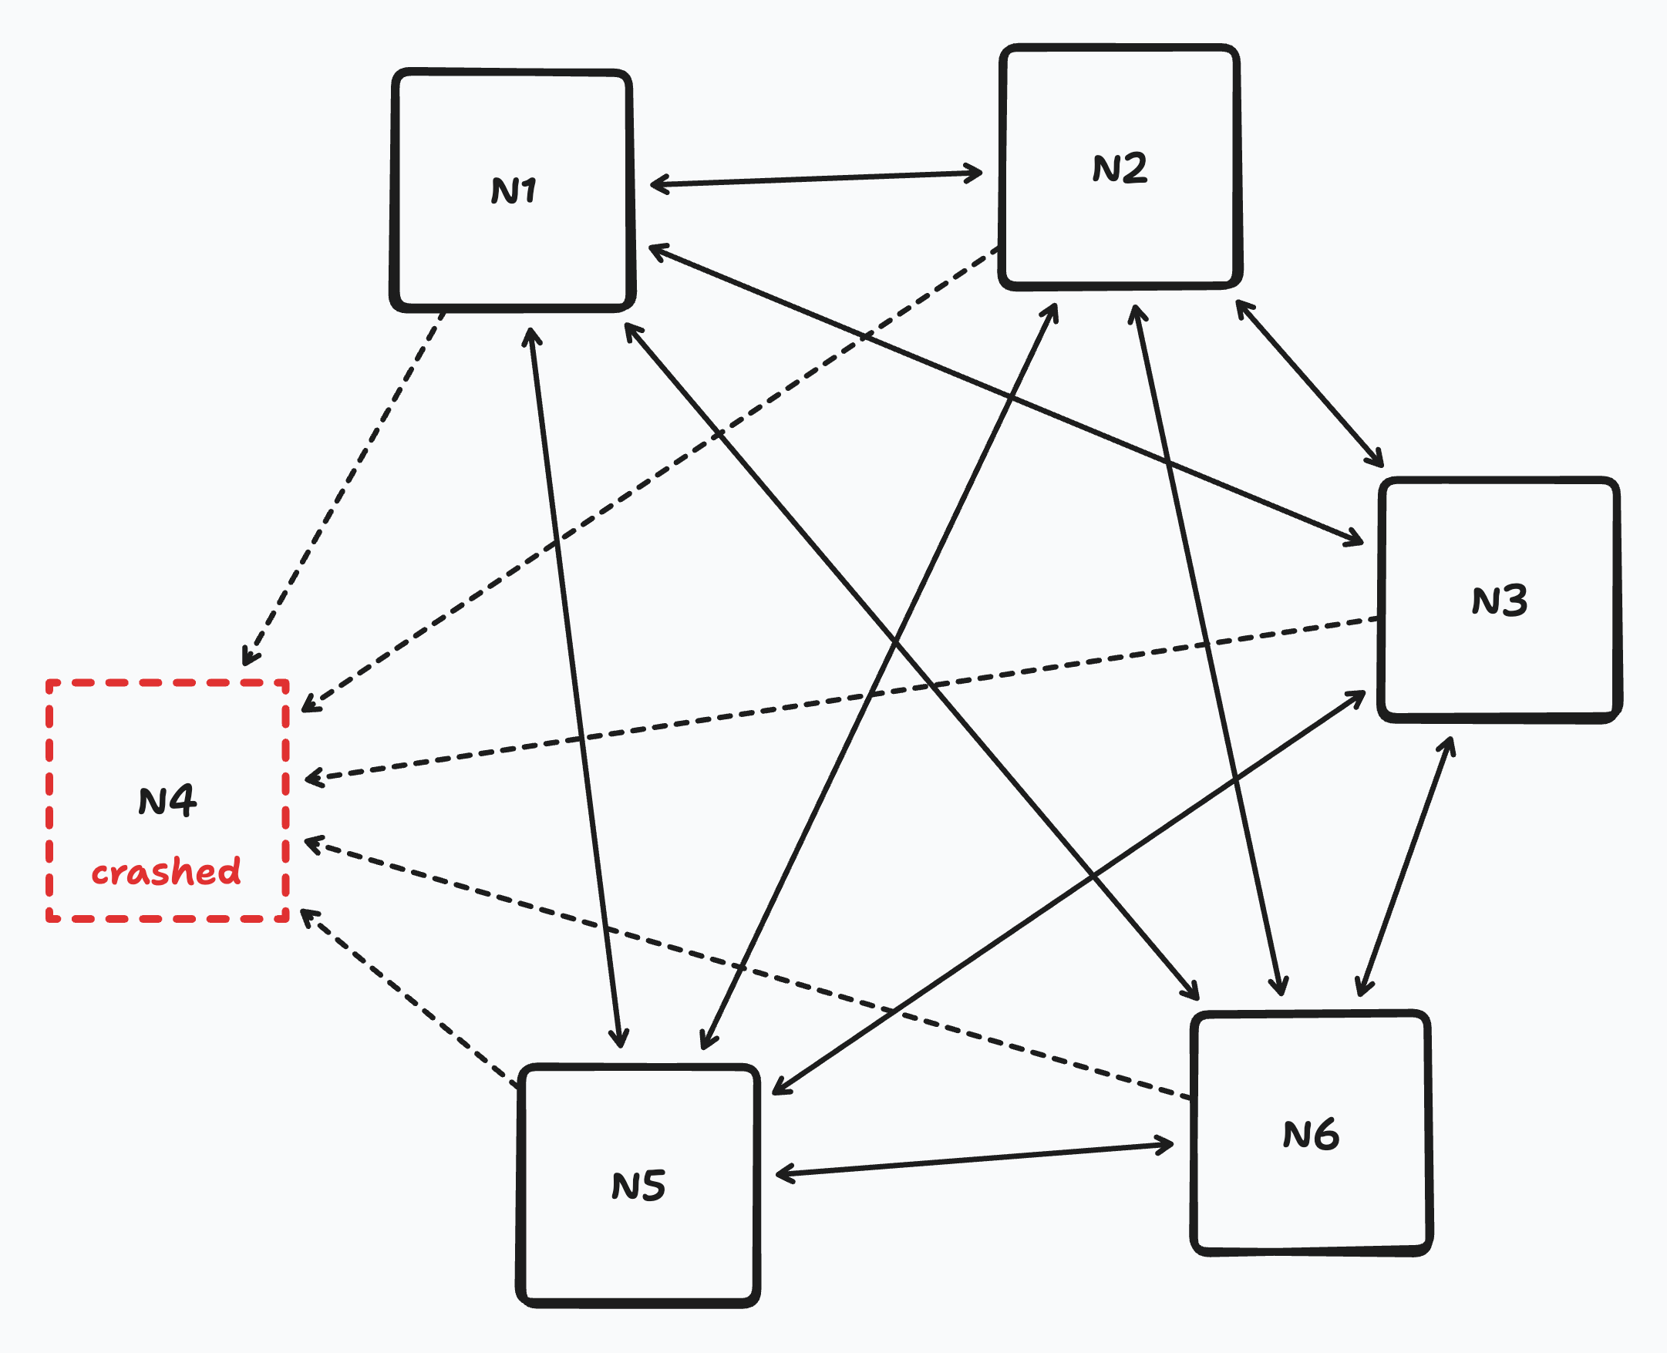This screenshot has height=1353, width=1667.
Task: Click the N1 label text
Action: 514,190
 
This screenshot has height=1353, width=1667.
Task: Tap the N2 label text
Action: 1119,168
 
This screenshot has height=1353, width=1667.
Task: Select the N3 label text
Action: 1499,601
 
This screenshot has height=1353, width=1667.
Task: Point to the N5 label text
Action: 638,1186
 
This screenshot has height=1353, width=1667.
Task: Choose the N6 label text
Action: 1311,1135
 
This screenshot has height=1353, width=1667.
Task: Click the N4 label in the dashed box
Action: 167,800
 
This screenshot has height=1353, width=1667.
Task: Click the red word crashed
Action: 166,871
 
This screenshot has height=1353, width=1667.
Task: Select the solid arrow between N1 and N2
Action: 815,179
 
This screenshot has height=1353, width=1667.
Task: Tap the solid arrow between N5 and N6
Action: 974,1159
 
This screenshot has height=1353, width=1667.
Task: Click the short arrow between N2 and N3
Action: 1308,382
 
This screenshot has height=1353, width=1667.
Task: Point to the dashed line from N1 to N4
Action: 343,489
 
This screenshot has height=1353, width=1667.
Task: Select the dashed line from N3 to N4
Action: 842,699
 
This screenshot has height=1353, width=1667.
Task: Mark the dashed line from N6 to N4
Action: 748,969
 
